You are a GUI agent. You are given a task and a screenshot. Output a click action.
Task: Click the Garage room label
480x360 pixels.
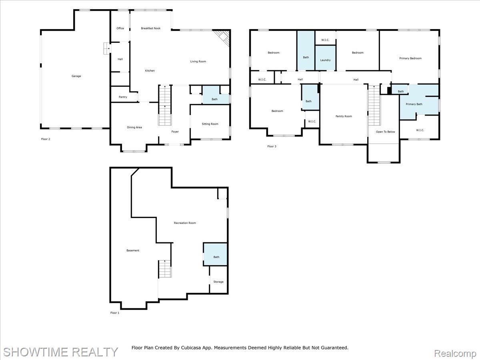pyautogui.click(x=76, y=76)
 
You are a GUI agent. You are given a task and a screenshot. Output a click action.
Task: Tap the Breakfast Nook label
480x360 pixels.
pyautogui.click(x=151, y=28)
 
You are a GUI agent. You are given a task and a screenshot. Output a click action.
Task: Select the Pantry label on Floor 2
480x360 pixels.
pyautogui.click(x=123, y=97)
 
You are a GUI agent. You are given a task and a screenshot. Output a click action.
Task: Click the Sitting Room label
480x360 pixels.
pyautogui.click(x=210, y=124)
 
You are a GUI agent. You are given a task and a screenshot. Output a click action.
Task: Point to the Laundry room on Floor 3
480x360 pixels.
pyautogui.click(x=325, y=60)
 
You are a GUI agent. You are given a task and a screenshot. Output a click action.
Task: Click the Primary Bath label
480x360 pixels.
pyautogui.click(x=414, y=104)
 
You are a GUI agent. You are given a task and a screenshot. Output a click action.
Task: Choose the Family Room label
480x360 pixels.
pyautogui.click(x=344, y=116)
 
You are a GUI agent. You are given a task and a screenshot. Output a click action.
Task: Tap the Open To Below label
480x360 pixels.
pyautogui.click(x=385, y=132)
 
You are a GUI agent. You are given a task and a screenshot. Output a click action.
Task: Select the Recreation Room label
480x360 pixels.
pyautogui.click(x=185, y=223)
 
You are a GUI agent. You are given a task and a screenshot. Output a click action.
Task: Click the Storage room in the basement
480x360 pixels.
pyautogui.click(x=218, y=282)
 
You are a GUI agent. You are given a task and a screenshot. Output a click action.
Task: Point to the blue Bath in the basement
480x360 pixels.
pyautogui.click(x=216, y=257)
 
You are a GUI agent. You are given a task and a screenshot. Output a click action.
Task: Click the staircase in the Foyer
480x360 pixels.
pyautogui.click(x=165, y=106)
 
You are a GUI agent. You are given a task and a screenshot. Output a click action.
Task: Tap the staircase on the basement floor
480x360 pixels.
pyautogui.click(x=165, y=269)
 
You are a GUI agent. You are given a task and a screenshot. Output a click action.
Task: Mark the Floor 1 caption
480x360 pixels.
pyautogui.click(x=114, y=313)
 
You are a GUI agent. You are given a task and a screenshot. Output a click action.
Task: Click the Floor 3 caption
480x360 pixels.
pyautogui.click(x=272, y=146)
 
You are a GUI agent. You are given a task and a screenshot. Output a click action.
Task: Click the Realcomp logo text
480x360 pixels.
pyautogui.click(x=455, y=353)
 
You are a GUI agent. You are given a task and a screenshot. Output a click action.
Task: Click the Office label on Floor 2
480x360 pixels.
pyautogui.click(x=120, y=28)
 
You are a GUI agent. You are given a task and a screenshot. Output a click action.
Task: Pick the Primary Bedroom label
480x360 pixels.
pyautogui.click(x=410, y=58)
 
